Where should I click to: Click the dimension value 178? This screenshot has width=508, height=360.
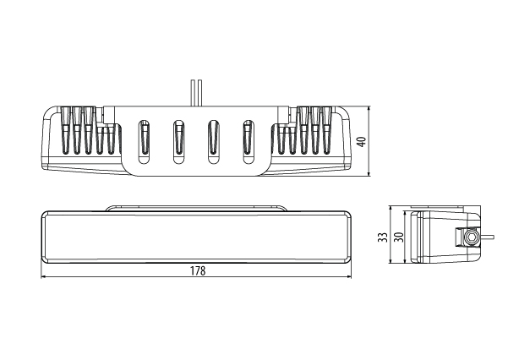point(197,271)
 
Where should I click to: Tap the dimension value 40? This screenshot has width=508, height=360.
point(361,141)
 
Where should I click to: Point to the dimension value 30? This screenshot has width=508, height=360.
point(397,238)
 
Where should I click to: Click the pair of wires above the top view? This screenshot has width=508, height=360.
point(196,91)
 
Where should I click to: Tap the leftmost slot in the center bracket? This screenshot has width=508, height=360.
point(145,140)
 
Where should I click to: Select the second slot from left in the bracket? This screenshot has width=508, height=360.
point(178,140)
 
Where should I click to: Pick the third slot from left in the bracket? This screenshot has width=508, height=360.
point(213,140)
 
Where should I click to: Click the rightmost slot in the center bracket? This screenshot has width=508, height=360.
point(248,140)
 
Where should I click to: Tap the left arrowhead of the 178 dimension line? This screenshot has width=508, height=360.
point(46,278)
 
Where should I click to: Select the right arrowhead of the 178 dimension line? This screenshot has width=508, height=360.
point(348,278)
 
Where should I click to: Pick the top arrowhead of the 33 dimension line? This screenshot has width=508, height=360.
point(390,209)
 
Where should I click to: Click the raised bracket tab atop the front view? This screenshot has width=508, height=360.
point(197,205)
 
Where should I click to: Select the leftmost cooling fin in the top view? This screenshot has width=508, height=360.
point(64,131)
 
